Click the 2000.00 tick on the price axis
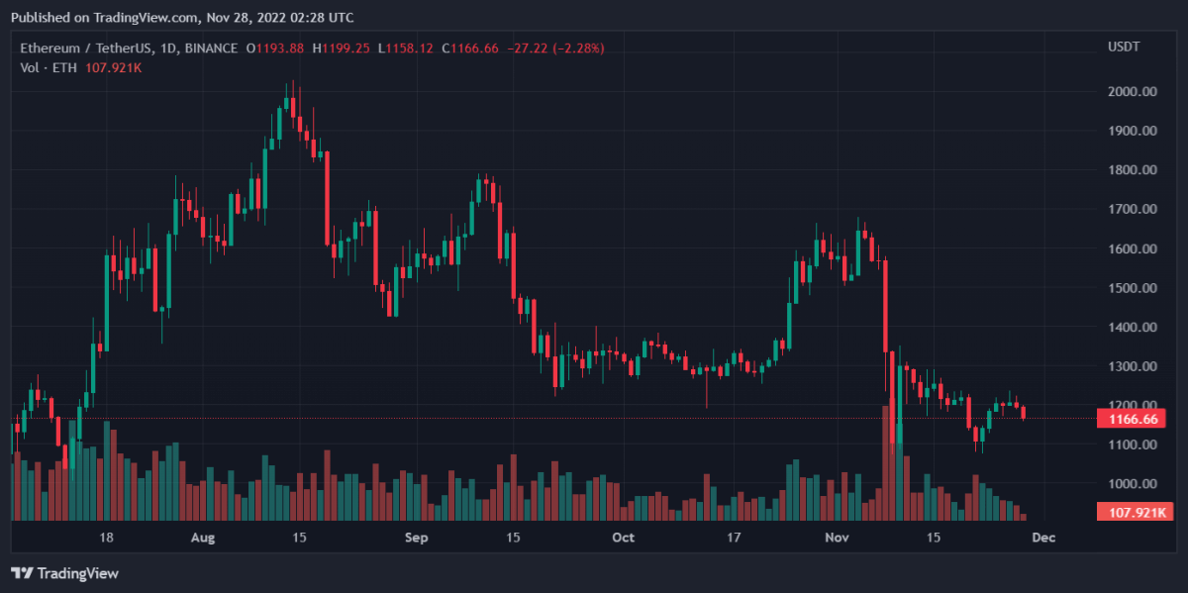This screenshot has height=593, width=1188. [x=1133, y=91]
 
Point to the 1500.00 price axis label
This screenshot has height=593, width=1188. [x=1133, y=288]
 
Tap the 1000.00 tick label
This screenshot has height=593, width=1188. [x=1133, y=484]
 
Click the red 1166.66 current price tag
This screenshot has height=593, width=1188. [x=1131, y=419]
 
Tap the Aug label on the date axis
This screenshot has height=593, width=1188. [x=202, y=538]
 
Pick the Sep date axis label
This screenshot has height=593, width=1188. [x=417, y=538]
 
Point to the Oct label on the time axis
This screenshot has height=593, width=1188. [x=623, y=538]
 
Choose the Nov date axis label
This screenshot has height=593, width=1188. [x=838, y=538]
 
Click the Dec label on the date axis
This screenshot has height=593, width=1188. [x=1043, y=538]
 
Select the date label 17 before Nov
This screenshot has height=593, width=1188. [x=734, y=538]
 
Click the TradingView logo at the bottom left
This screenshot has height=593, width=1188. [x=64, y=573]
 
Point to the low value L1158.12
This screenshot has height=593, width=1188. [x=409, y=48]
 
